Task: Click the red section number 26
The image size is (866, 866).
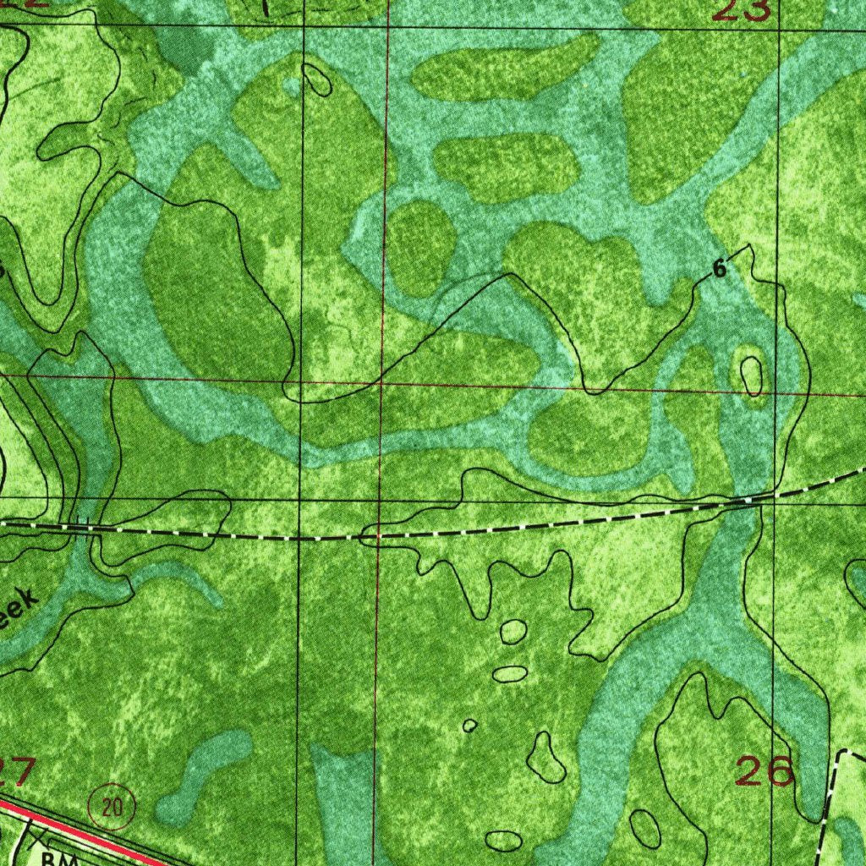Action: point(765,770)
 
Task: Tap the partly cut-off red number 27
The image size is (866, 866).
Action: point(17,770)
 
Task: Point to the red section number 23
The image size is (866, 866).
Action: point(742,10)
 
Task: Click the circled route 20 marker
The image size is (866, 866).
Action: point(111,806)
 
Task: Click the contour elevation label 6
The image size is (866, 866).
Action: point(719,269)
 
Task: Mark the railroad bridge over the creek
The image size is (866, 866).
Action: point(82,524)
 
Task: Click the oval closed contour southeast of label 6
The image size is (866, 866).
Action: point(750,375)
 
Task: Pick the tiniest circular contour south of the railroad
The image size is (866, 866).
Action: point(469,726)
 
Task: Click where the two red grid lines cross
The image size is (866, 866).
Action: point(382,383)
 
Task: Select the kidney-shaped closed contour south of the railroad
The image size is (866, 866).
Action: point(545,759)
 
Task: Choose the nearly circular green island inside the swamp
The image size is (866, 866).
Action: point(421,249)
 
